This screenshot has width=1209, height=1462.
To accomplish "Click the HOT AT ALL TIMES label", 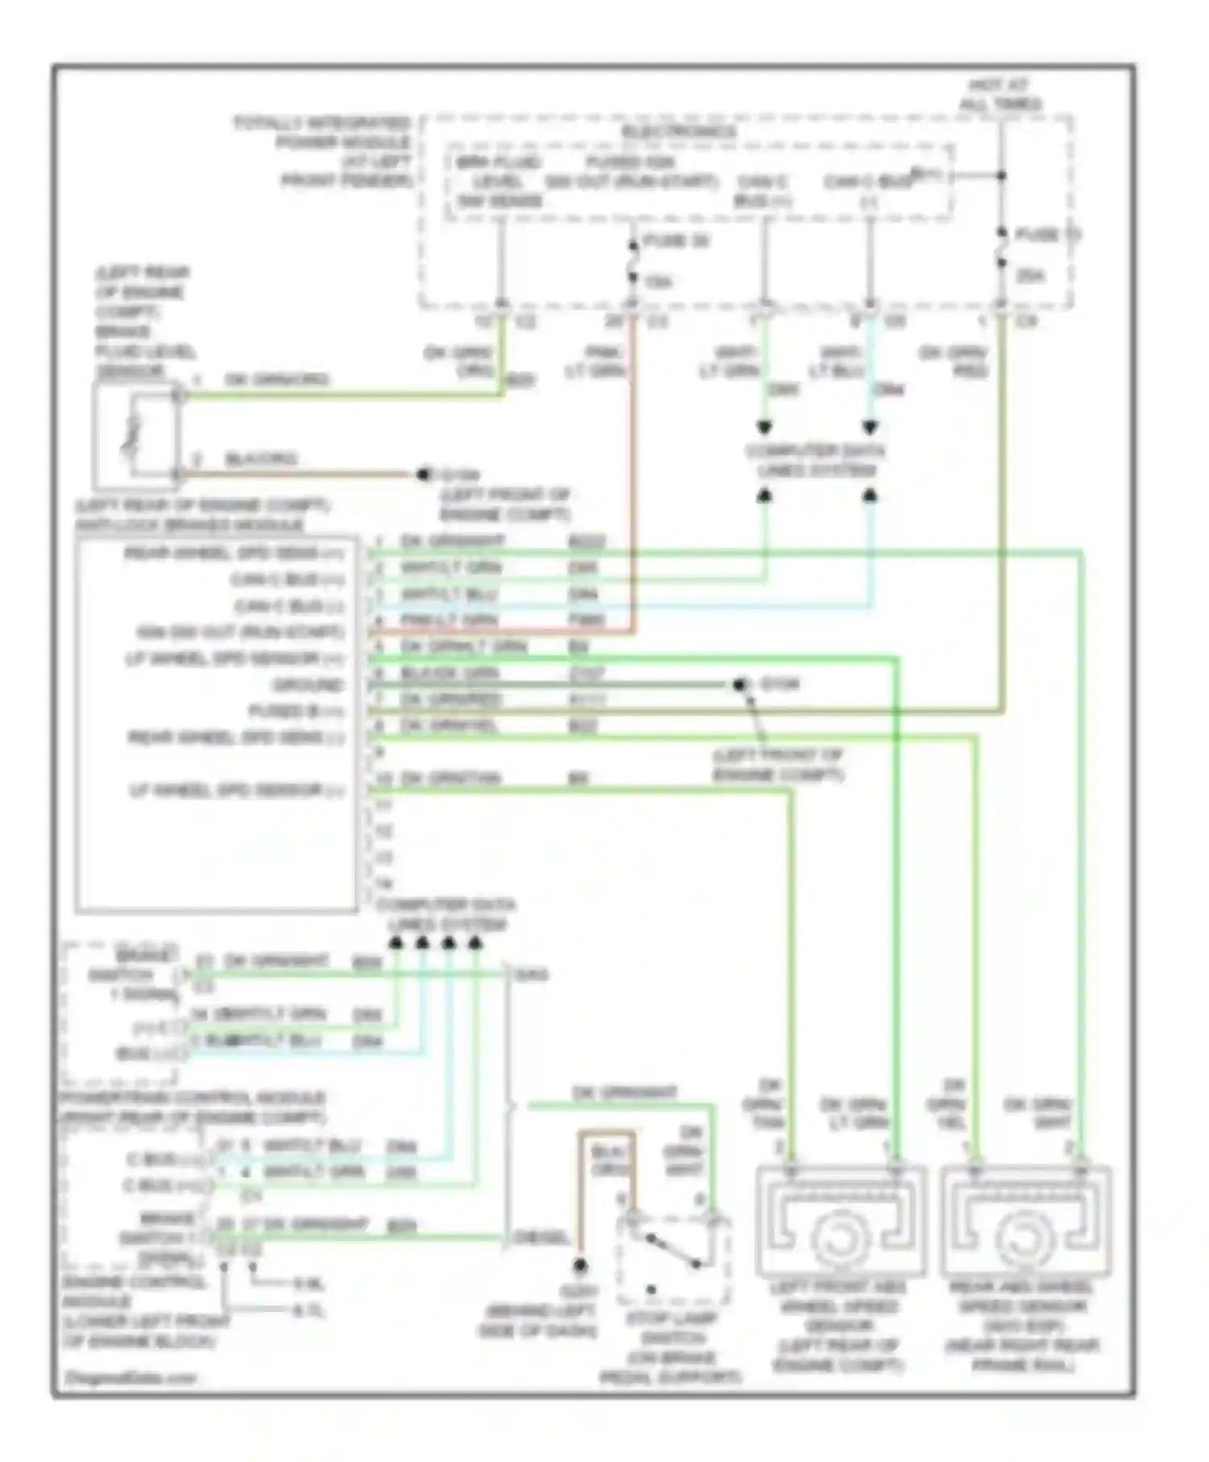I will click(x=999, y=94).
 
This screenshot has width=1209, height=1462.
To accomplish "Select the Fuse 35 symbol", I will click(x=633, y=260).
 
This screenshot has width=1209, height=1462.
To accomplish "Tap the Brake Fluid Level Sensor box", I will click(x=135, y=436).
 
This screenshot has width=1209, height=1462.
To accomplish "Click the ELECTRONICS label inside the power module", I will click(x=679, y=131).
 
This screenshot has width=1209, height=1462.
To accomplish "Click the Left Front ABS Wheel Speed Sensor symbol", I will click(x=840, y=1224).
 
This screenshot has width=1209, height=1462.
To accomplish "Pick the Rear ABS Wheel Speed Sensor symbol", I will click(x=1025, y=1224).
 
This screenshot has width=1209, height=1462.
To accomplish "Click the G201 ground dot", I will click(x=580, y=1266).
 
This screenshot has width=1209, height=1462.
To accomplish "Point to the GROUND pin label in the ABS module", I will click(x=309, y=685).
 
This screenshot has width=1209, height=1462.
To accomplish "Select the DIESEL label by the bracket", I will click(x=543, y=1237).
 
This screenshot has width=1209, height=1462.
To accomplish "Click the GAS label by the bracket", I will click(x=532, y=975).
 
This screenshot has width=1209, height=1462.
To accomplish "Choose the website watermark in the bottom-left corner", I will click(x=131, y=1377).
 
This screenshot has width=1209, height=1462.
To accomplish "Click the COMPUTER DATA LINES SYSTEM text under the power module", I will click(x=816, y=460).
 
